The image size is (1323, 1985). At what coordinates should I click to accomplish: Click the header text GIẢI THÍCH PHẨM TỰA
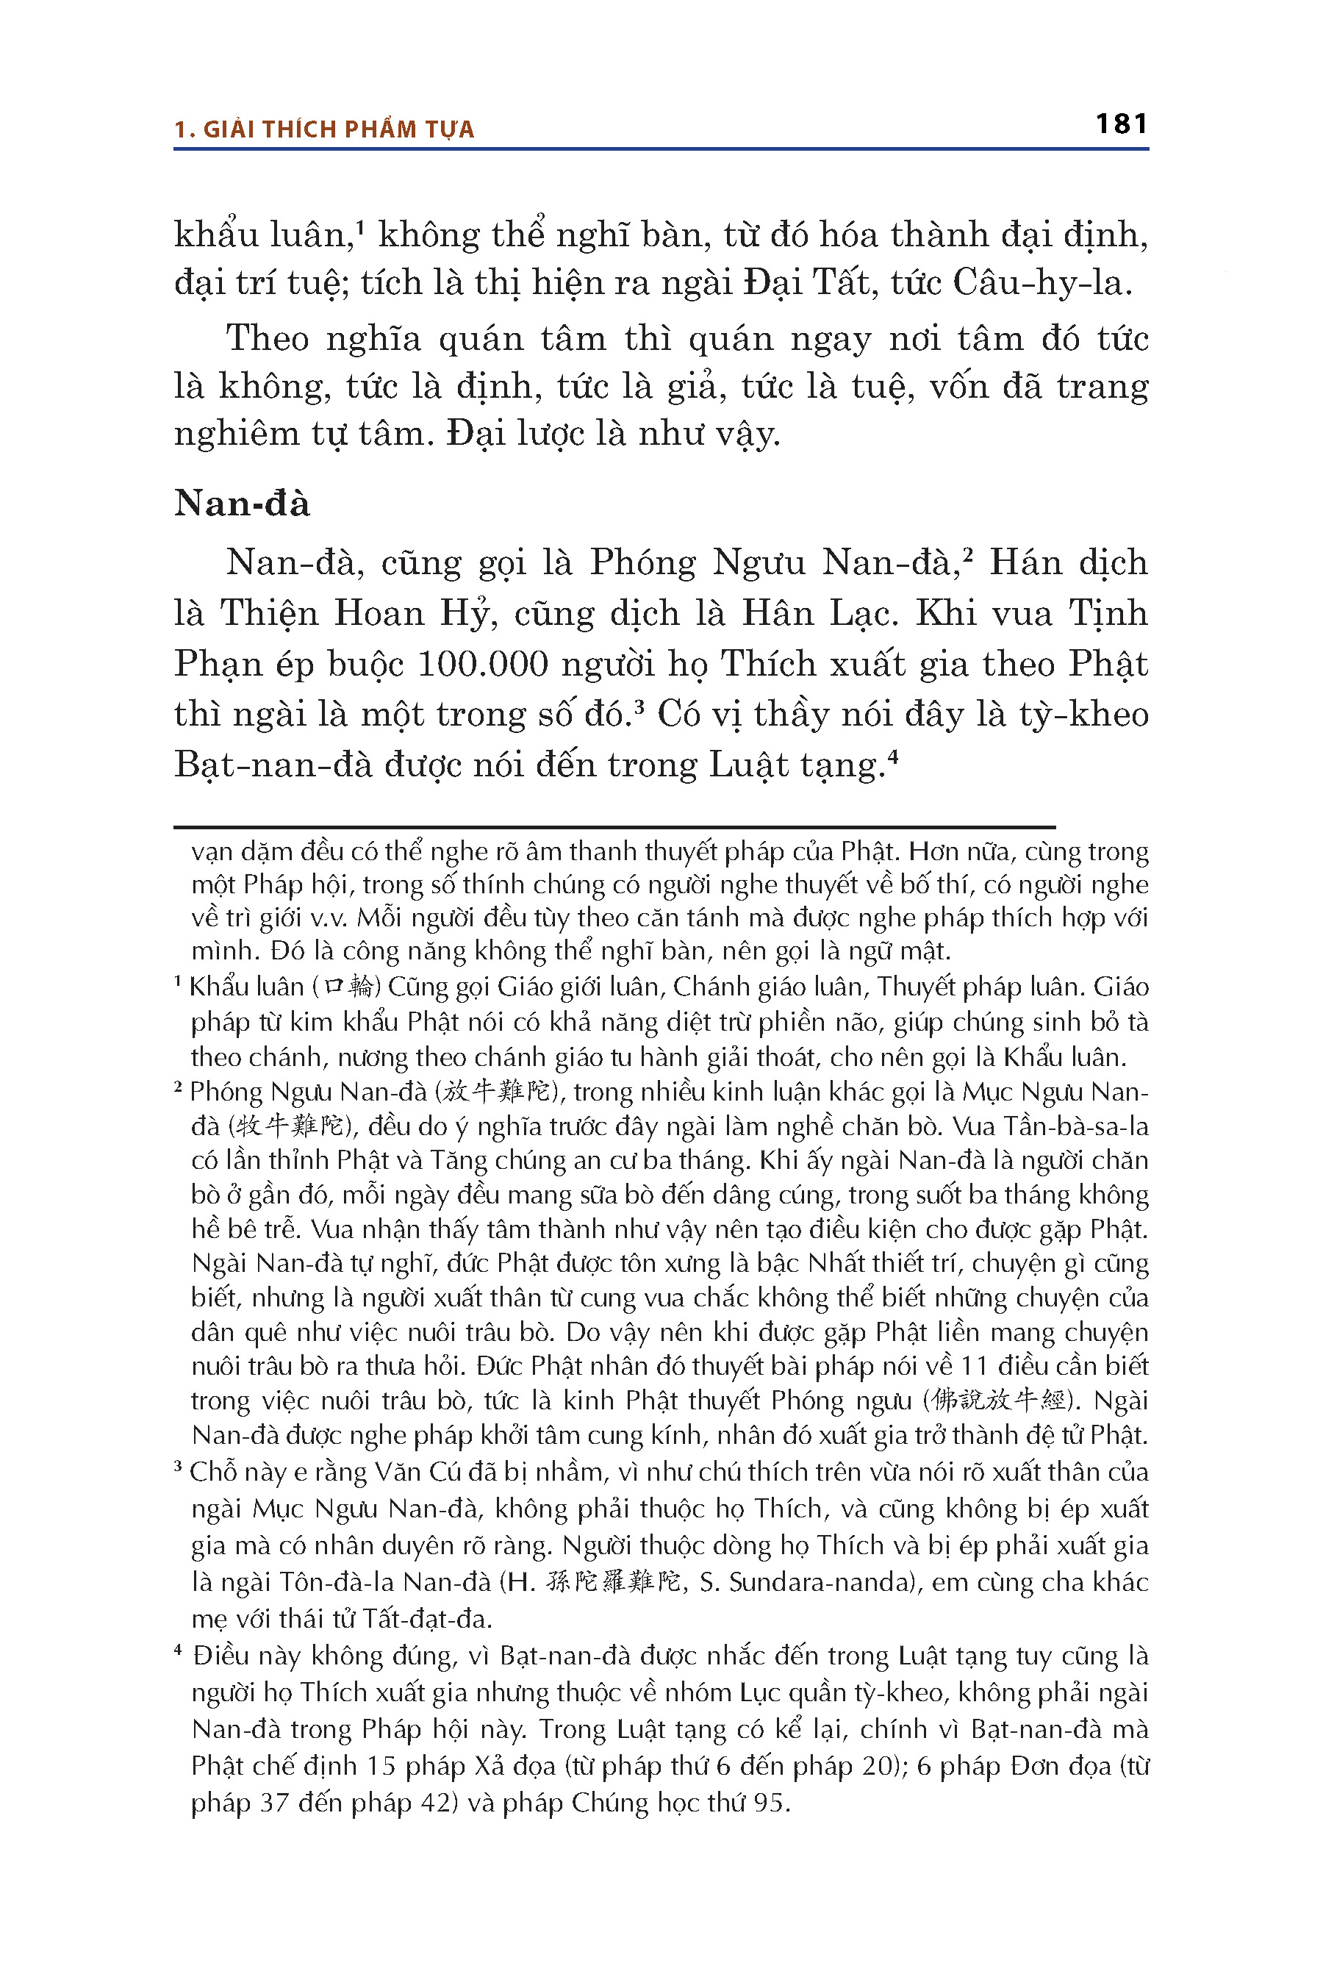[x=338, y=129]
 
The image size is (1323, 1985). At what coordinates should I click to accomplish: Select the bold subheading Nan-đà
[x=242, y=503]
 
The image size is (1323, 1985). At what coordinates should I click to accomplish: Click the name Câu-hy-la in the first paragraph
[x=1042, y=282]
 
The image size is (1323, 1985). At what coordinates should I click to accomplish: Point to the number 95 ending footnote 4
[x=769, y=1803]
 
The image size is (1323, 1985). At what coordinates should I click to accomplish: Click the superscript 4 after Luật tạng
[x=893, y=757]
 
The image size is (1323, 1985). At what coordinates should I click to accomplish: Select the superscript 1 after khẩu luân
[x=359, y=226]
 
